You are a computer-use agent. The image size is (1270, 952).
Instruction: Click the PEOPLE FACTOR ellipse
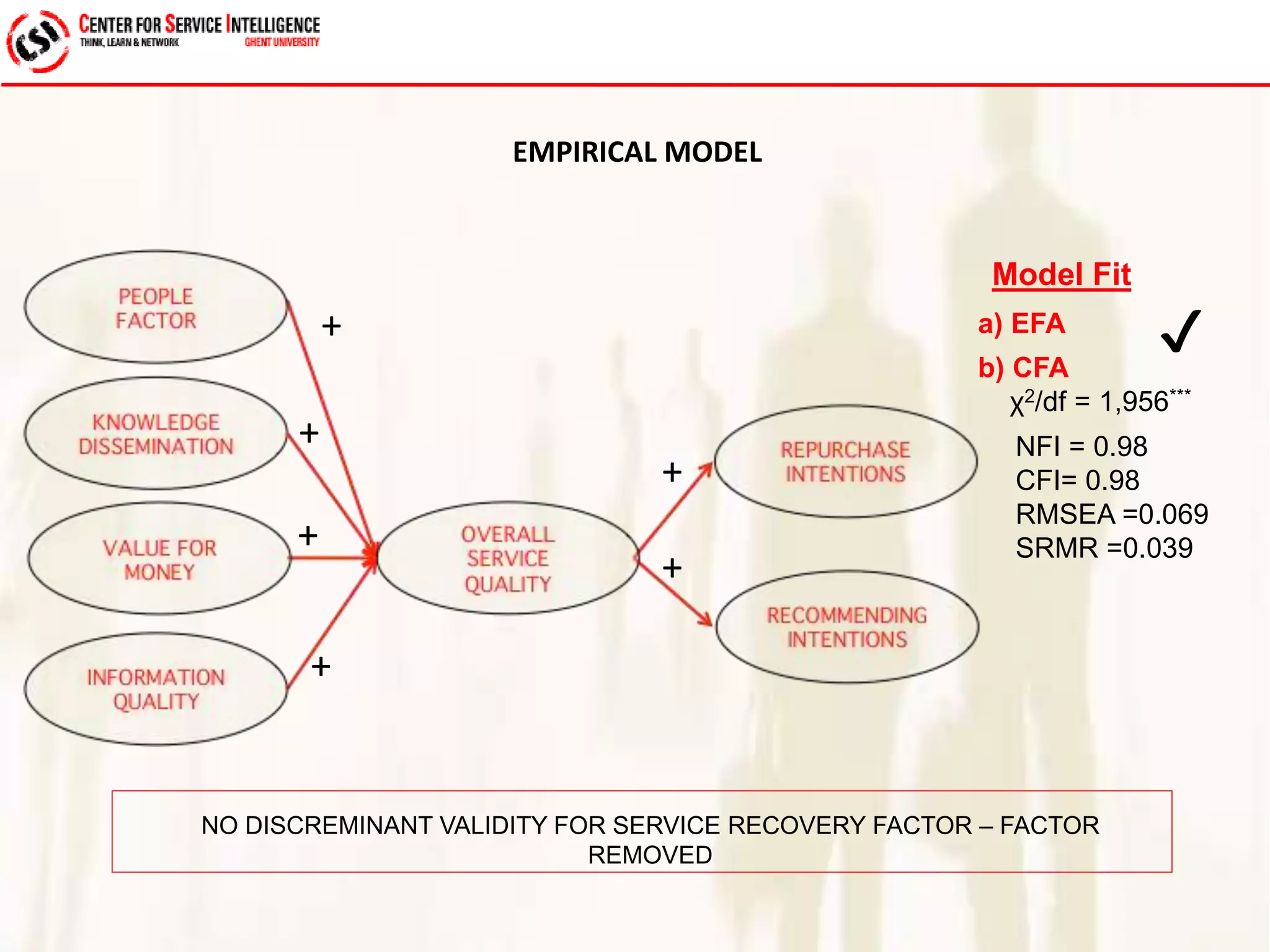click(x=156, y=307)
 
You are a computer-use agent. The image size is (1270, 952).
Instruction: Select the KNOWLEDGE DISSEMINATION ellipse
click(x=156, y=433)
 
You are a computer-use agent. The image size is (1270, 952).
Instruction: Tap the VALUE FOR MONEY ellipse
click(x=159, y=559)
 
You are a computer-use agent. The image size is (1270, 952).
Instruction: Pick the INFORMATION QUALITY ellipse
click(x=156, y=689)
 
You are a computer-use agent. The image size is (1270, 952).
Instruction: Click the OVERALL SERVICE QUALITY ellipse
click(x=507, y=558)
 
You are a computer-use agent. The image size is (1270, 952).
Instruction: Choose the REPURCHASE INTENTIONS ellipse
click(x=845, y=462)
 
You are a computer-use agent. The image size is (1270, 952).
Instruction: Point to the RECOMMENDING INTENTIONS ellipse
click(x=847, y=627)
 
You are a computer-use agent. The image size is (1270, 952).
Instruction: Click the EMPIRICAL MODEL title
click(x=637, y=152)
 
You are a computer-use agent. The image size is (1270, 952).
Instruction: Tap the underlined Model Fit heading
click(x=1061, y=275)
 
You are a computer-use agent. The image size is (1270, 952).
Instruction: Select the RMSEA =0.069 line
click(x=1111, y=514)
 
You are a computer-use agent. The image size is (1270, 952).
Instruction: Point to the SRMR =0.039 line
click(x=1104, y=549)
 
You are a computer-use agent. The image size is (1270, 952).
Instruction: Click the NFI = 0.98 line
click(x=1081, y=447)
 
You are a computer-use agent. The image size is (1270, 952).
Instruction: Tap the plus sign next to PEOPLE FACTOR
click(x=331, y=326)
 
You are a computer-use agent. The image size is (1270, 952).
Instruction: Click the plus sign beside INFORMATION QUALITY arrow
click(x=321, y=667)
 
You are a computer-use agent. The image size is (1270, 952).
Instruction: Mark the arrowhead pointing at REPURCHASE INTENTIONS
click(x=706, y=469)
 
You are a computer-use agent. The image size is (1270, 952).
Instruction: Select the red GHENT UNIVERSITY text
click(x=282, y=42)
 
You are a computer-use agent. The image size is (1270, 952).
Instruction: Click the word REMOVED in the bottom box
click(x=649, y=855)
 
